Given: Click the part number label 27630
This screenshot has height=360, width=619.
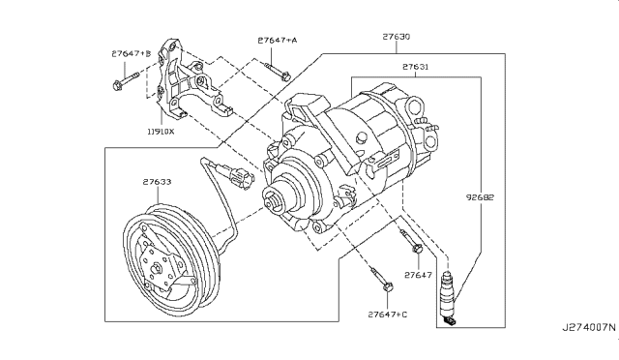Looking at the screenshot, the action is (x=396, y=37).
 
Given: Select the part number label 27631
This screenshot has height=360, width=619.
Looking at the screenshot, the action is (x=415, y=67).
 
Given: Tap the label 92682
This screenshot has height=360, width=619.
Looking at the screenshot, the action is (x=480, y=197).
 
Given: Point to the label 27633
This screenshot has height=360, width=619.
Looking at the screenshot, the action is (x=157, y=182).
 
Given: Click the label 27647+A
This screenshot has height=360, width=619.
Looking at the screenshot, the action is (x=278, y=40).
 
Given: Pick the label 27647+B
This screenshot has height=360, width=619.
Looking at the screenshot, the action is (x=132, y=53).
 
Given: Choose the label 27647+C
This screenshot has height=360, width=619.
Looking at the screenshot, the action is (x=388, y=315).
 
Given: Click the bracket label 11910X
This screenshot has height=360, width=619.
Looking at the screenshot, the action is (x=161, y=132).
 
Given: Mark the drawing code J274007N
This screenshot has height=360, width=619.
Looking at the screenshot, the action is (x=589, y=327).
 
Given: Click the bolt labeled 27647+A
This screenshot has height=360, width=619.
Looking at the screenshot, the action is (x=278, y=71).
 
